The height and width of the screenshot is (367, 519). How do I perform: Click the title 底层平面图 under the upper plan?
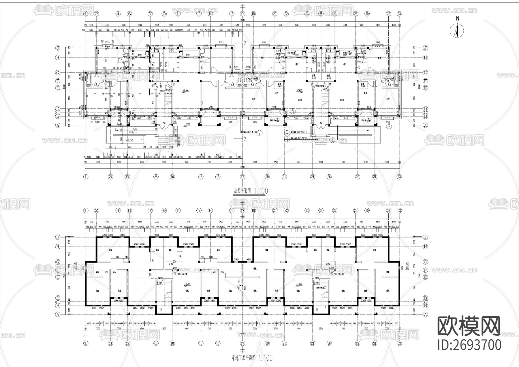pyautogui.click(x=242, y=191)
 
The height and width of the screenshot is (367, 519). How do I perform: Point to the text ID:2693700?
pyautogui.click(x=469, y=345)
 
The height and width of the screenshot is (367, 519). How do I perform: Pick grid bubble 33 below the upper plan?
pyautogui.click(x=399, y=177)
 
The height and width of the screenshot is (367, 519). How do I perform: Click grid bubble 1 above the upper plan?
pyautogui.click(x=86, y=14)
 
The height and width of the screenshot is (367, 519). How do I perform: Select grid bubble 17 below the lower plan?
pyautogui.click(x=242, y=343)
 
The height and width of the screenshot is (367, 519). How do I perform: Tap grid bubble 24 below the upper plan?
pyautogui.click(x=313, y=177)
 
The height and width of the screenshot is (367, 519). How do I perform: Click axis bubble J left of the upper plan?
pyautogui.click(x=58, y=48)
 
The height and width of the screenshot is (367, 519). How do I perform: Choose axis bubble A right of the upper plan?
pyautogui.click(x=425, y=126)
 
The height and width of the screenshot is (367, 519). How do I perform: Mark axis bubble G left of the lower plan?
pyautogui.click(x=58, y=262)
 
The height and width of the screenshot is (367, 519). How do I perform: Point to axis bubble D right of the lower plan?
pyautogui.click(x=425, y=298)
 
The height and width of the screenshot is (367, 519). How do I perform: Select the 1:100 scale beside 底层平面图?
pyautogui.click(x=262, y=191)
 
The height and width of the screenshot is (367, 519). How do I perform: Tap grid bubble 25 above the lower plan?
pyautogui.click(x=321, y=211)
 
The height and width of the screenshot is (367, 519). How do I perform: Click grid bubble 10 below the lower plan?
pyautogui.click(x=172, y=343)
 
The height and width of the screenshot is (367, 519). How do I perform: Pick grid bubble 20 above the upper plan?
pyautogui.click(x=275, y=14)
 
